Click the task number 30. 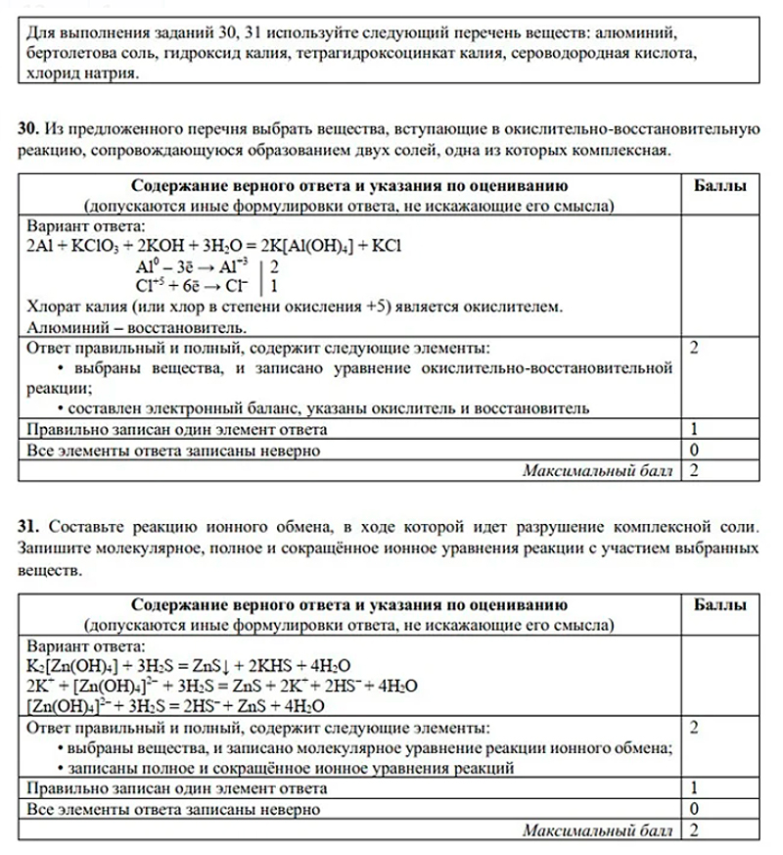27,128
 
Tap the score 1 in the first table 693,429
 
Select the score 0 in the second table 693,809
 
